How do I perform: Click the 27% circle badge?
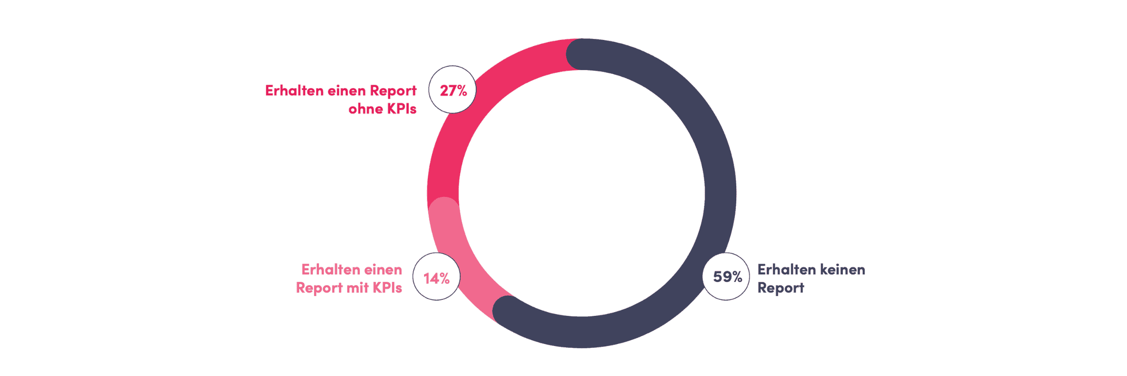coord(452,89)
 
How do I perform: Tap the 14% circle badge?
coord(436,276)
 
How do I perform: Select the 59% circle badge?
coord(726,276)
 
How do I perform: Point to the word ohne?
coord(365,109)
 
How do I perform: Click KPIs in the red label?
coord(401,109)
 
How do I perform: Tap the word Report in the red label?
coord(393,91)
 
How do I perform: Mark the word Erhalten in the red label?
coord(294,91)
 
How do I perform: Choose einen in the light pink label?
coord(383,270)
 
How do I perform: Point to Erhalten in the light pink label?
coord(331,270)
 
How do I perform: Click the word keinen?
coord(842,270)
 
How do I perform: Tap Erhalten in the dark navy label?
coord(787,270)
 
